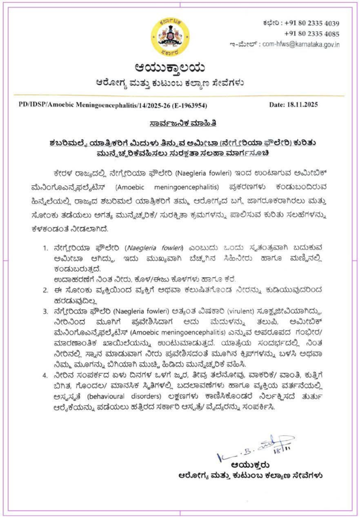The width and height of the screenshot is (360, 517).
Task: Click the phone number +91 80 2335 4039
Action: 312,23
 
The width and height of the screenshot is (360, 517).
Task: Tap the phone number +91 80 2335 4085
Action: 312,34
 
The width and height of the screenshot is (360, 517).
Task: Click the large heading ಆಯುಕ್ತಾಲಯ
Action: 170,68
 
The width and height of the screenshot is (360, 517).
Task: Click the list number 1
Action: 45,248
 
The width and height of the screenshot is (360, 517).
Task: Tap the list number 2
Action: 45,290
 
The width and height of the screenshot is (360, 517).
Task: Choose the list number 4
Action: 45,376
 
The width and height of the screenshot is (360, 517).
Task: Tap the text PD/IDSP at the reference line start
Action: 30,105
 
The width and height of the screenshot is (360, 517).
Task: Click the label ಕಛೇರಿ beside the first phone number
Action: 270,23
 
